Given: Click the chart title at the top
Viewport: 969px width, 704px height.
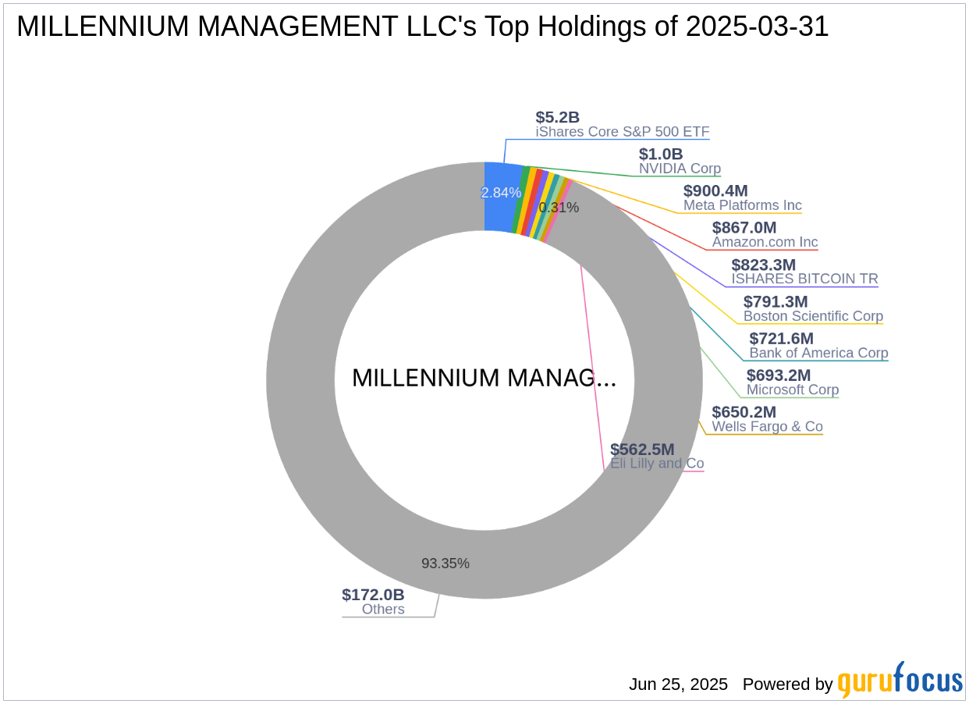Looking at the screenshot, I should tap(422, 27).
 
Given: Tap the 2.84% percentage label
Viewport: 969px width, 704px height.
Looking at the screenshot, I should tap(501, 193).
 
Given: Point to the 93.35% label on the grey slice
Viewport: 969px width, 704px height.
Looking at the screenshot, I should tap(445, 564).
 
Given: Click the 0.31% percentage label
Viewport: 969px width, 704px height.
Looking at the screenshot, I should tap(559, 208).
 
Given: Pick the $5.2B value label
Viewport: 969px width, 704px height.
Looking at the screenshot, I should tap(557, 117).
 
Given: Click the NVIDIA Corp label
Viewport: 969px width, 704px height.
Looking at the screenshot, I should tap(680, 169).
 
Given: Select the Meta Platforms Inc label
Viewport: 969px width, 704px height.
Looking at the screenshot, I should tap(742, 206).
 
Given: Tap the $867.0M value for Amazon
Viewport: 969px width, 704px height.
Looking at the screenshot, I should tap(744, 227).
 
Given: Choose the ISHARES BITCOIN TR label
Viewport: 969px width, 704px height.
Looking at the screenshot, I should tap(804, 279).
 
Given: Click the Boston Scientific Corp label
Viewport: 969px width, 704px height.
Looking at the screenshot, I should tap(813, 316).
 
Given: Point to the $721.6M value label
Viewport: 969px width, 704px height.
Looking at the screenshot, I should tap(781, 339).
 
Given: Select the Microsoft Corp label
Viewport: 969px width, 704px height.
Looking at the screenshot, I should tap(793, 389).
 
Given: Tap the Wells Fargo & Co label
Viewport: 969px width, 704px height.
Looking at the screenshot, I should tap(767, 426).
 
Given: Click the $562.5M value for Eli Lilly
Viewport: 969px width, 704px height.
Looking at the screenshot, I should tap(642, 449).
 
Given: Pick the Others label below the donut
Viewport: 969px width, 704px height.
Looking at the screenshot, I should tap(383, 610).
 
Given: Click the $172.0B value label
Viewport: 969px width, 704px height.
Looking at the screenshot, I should tap(373, 595).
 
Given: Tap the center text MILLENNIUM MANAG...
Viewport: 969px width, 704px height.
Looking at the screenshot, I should tap(484, 378).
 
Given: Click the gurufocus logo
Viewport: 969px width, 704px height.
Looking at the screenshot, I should tap(900, 681).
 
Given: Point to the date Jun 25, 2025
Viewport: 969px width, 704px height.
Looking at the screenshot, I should tap(678, 684).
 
